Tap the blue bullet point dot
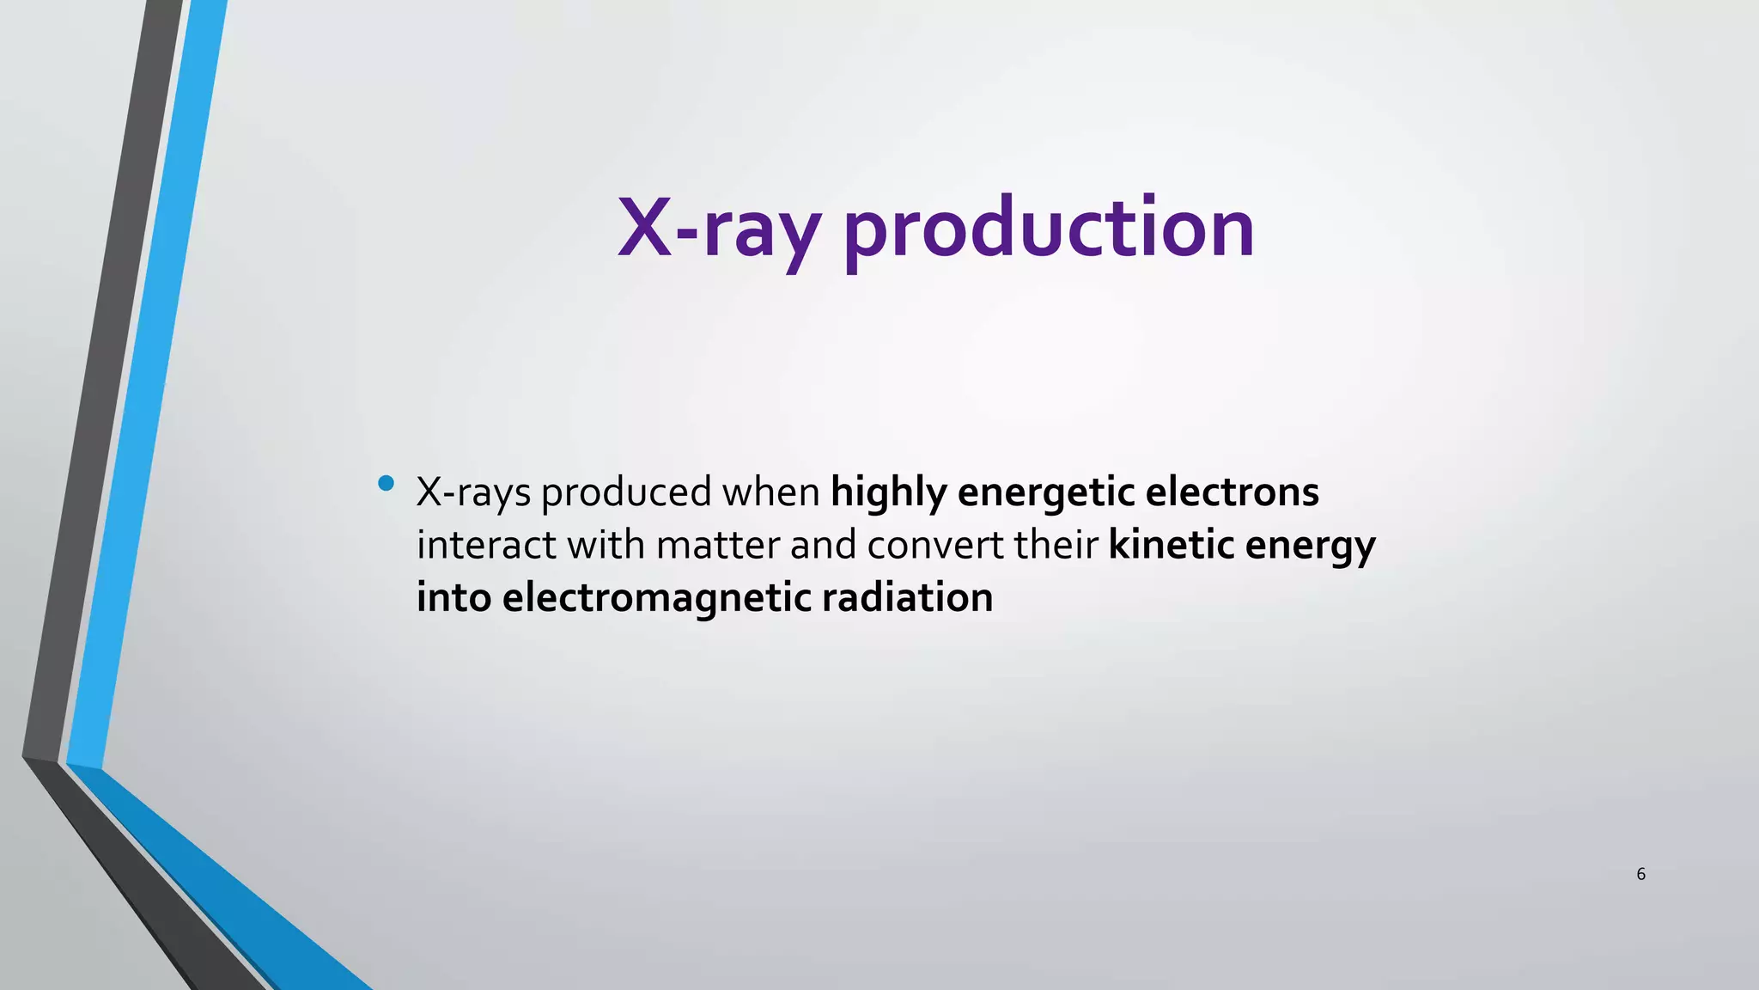[386, 483]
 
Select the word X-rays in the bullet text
[473, 493]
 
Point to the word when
[770, 492]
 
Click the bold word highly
[888, 493]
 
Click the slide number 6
[1640, 875]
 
